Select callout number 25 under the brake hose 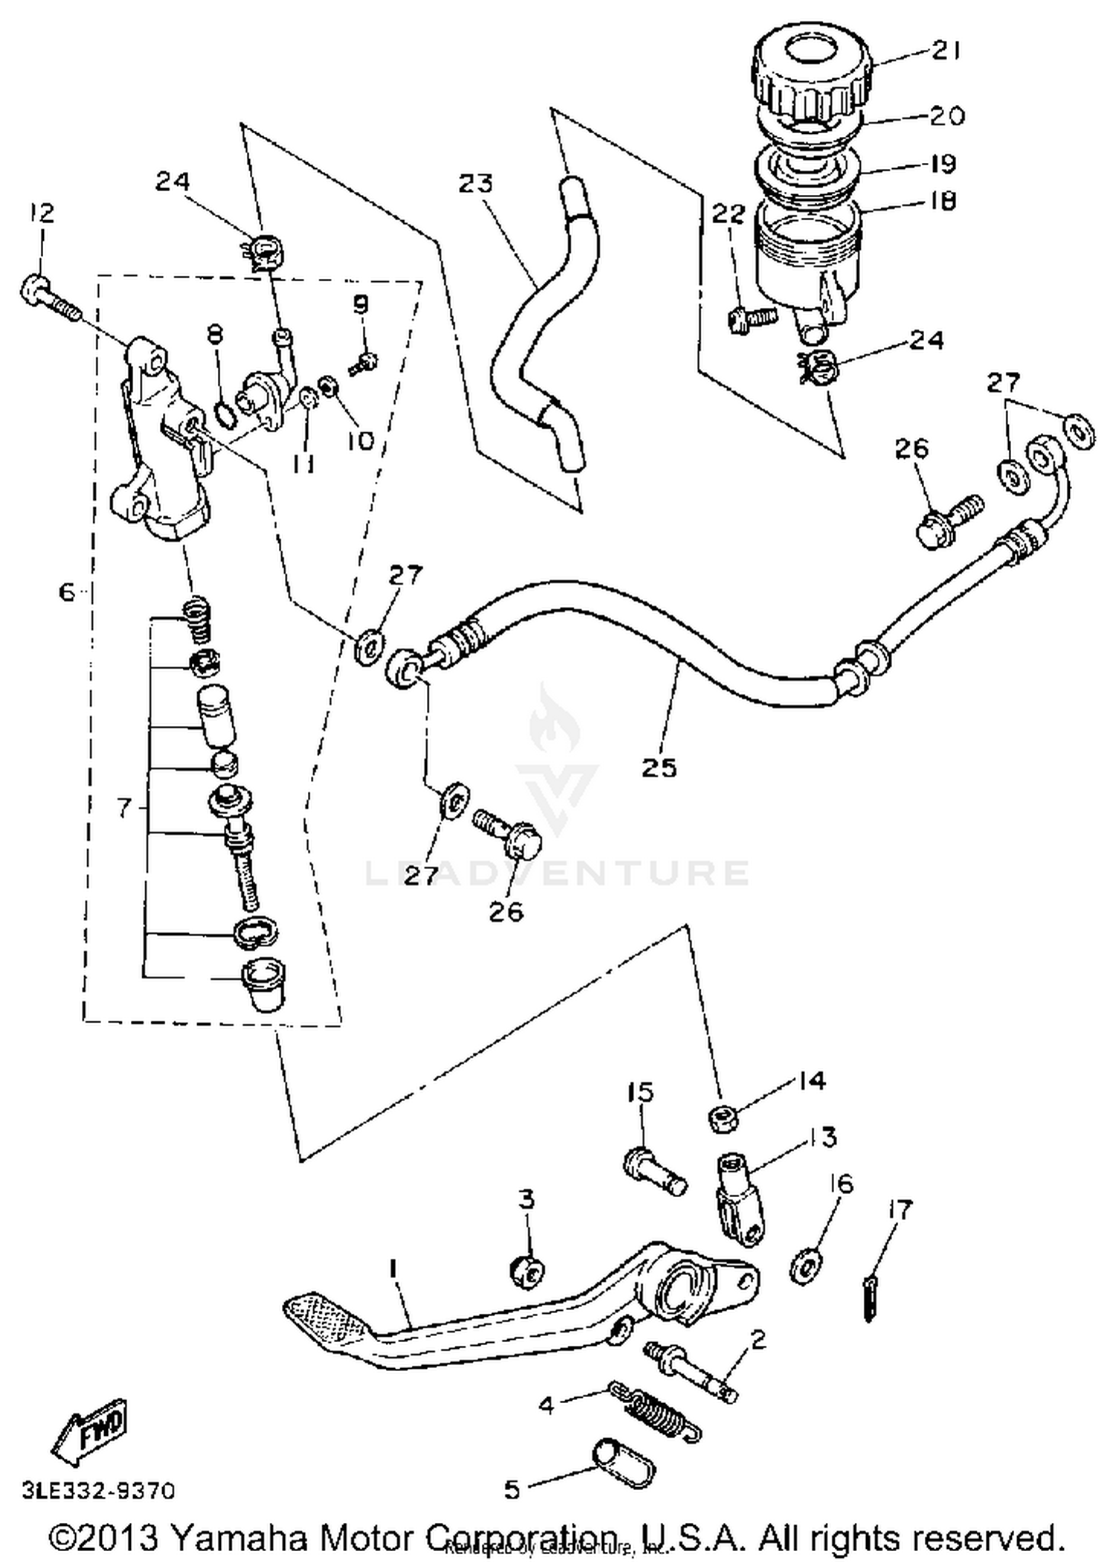click(659, 767)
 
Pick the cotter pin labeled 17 click(869, 1301)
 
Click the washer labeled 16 click(805, 1264)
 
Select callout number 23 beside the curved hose click(475, 183)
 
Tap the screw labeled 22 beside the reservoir click(751, 320)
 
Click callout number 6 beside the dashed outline click(67, 592)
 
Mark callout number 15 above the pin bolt click(639, 1092)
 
